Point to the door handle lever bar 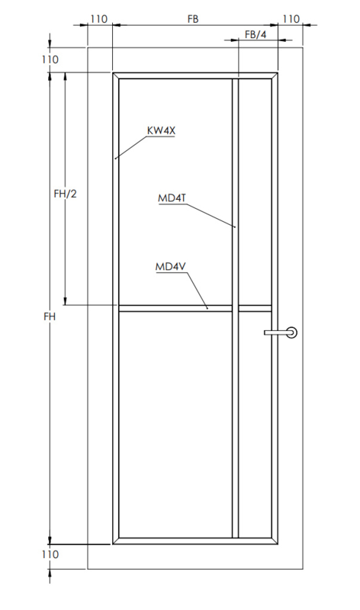coord(277,332)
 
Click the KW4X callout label coord(161,130)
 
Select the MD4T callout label coord(172,198)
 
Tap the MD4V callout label coord(171,267)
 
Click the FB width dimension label coord(193,19)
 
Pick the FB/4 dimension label coord(256,34)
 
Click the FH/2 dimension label coord(65,194)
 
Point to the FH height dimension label coord(50,316)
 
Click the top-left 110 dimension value coord(99,19)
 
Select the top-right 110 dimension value coord(291,19)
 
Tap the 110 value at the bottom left coord(50,554)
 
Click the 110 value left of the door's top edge coord(50,59)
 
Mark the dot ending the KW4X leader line coord(116,159)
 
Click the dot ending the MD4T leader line coord(235,226)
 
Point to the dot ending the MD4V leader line coord(207,309)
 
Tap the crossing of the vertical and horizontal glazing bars coord(235,309)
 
